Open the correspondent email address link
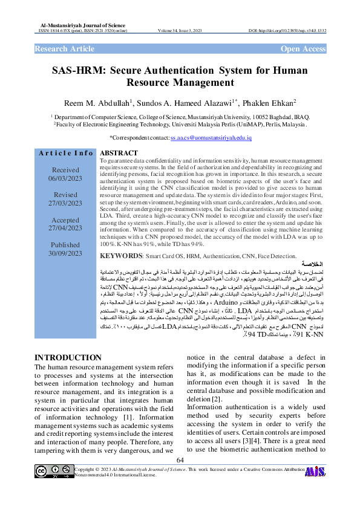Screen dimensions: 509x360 pyautogui.click(x=211, y=138)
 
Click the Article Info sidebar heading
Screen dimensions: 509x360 pyautogui.click(x=66, y=154)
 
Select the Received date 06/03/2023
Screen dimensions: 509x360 pyautogui.click(x=66, y=178)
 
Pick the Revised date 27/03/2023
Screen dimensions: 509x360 pyautogui.click(x=66, y=204)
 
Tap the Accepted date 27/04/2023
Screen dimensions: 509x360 pyautogui.click(x=66, y=229)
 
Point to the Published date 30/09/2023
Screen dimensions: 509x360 pyautogui.click(x=66, y=254)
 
